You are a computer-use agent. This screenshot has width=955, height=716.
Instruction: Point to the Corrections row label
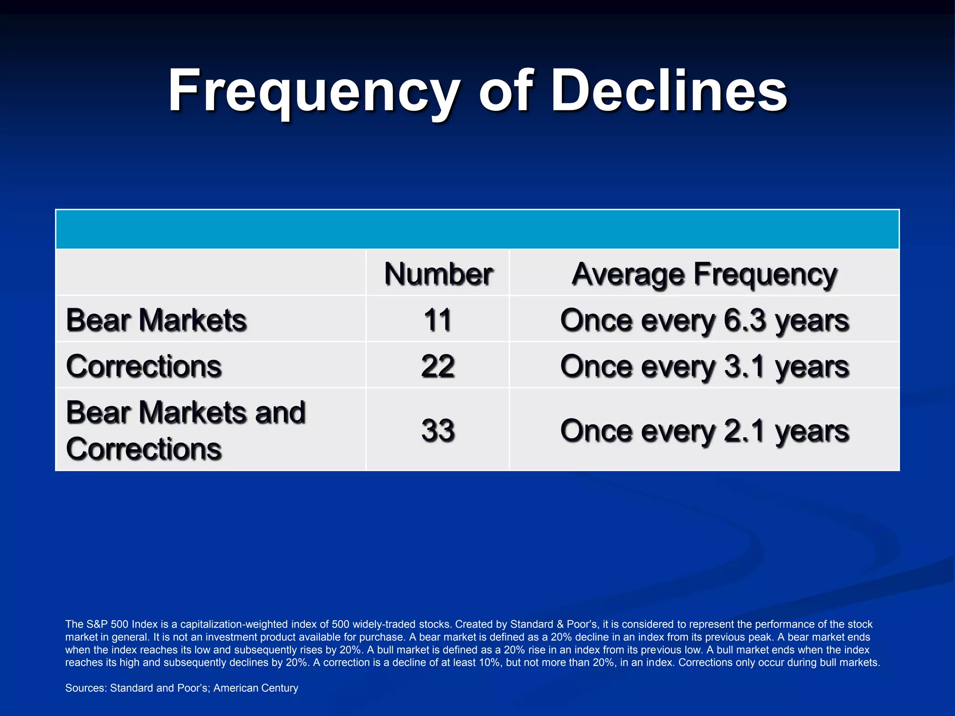pyautogui.click(x=144, y=366)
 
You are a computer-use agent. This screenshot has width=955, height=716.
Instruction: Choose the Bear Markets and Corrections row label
pyautogui.click(x=185, y=430)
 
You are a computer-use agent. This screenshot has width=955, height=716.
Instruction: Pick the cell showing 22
pyautogui.click(x=437, y=366)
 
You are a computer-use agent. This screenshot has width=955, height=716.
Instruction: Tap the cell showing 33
pyautogui.click(x=437, y=430)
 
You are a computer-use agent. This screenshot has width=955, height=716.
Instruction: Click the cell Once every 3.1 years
pyautogui.click(x=704, y=366)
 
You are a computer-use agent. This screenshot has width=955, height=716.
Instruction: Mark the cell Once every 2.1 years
pyautogui.click(x=704, y=430)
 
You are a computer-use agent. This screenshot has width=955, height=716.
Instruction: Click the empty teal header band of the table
pyautogui.click(x=477, y=229)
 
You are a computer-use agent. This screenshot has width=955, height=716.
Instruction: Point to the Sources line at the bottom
pyautogui.click(x=181, y=688)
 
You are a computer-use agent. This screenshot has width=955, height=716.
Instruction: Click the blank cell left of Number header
pyautogui.click(x=210, y=272)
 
